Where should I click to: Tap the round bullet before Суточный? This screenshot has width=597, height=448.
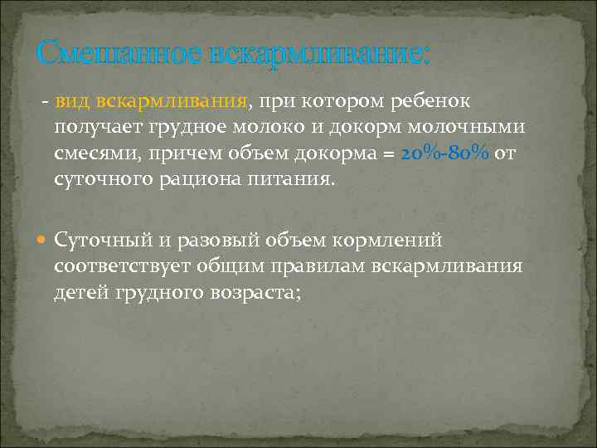coord(43,241)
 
